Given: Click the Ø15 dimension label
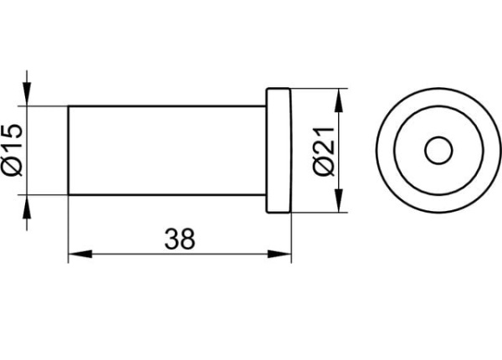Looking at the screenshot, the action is click(x=13, y=150).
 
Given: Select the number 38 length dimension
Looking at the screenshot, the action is click(x=180, y=239).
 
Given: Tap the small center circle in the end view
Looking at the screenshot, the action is click(x=438, y=150).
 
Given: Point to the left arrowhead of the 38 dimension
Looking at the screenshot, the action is click(x=80, y=254).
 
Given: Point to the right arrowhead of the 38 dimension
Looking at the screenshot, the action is click(x=279, y=254).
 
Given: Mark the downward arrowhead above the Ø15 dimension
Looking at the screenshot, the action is click(x=27, y=94).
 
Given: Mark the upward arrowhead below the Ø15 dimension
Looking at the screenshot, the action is click(x=27, y=206).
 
